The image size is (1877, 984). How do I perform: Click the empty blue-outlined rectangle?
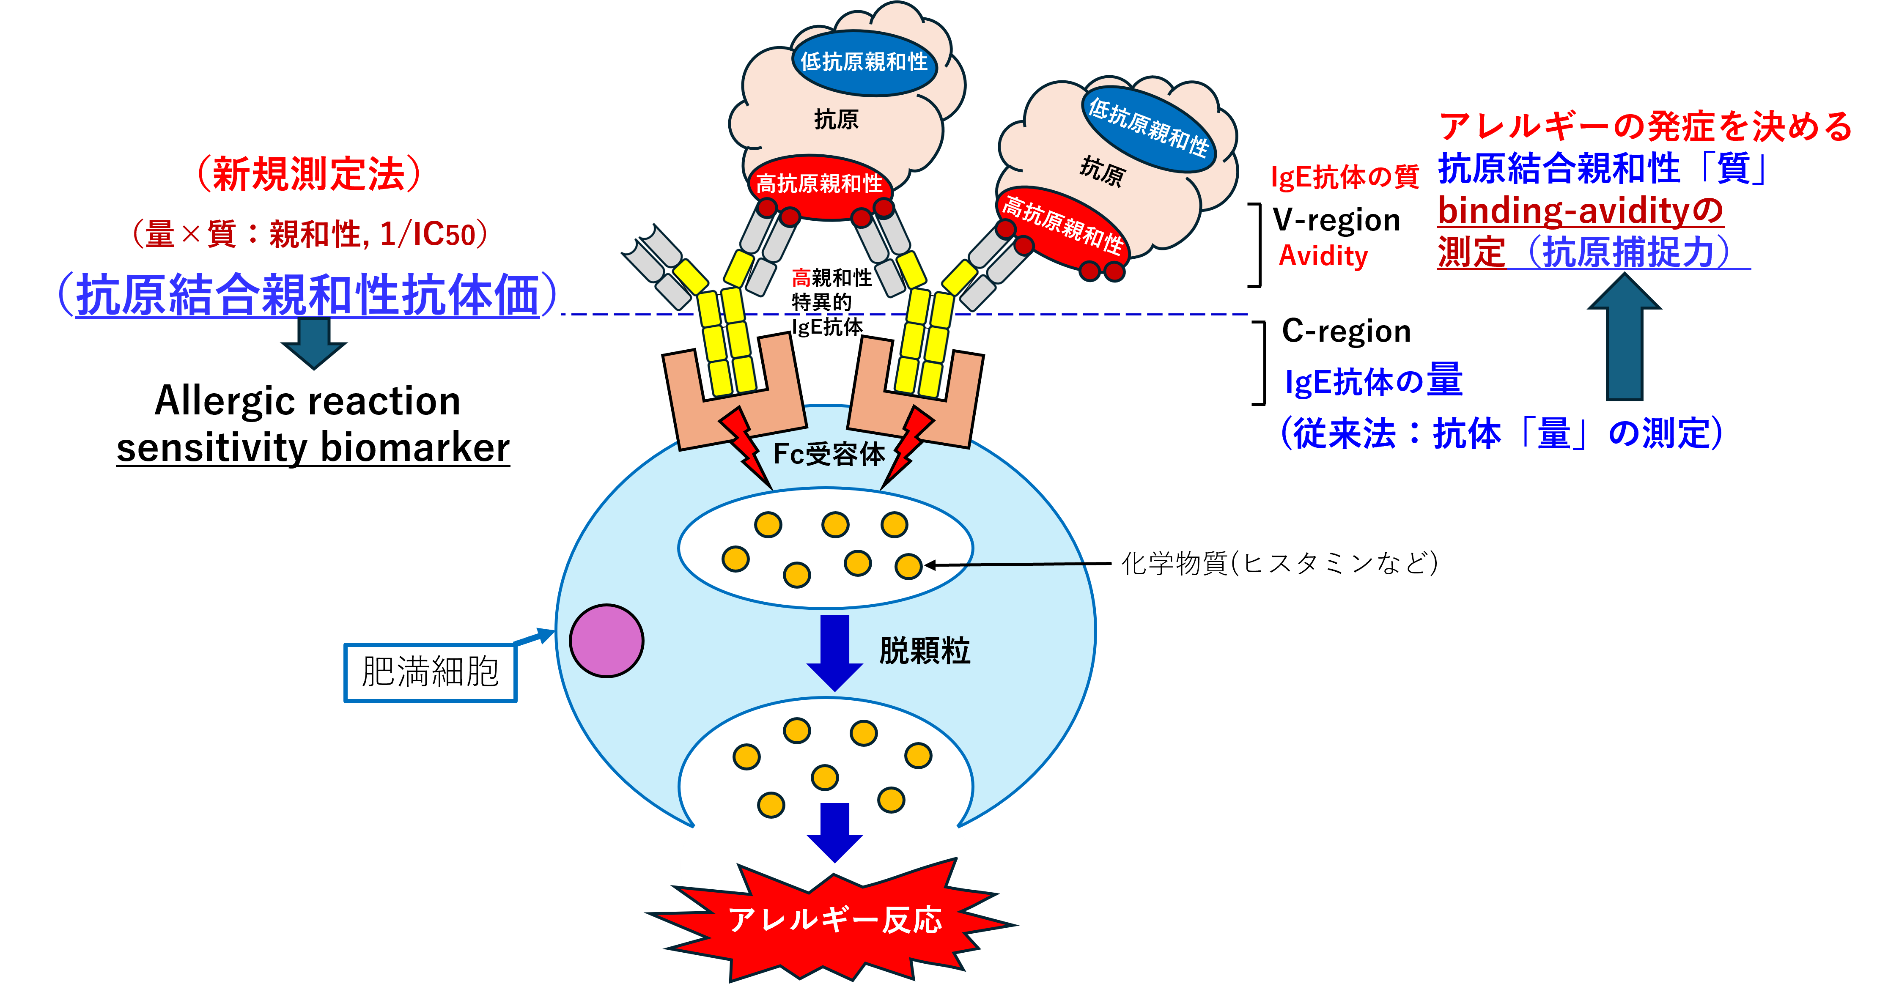pyautogui.click(x=430, y=673)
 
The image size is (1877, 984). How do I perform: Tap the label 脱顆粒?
pyautogui.click(x=925, y=650)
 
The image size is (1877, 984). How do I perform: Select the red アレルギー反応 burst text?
pyautogui.click(x=835, y=920)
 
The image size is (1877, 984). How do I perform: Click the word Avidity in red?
pyautogui.click(x=1323, y=256)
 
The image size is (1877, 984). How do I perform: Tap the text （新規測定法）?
pyautogui.click(x=309, y=174)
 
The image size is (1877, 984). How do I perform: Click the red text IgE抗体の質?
pyautogui.click(x=1345, y=176)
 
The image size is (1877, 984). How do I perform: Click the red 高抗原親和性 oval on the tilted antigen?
pyautogui.click(x=1062, y=226)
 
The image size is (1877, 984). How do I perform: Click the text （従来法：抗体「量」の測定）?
pyautogui.click(x=1502, y=434)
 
